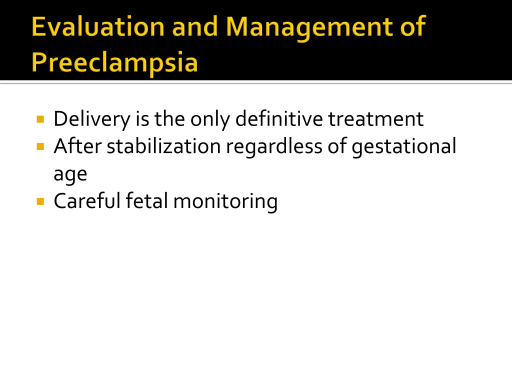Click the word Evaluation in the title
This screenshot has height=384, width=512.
(98, 26)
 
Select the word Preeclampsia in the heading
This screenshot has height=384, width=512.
(114, 63)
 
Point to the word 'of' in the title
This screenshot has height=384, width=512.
(412, 26)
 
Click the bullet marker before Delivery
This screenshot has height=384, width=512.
(40, 119)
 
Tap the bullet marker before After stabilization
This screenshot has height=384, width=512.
(40, 147)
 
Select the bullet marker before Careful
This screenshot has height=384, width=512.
(40, 201)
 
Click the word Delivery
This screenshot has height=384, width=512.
(91, 119)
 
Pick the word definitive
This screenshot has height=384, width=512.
(279, 119)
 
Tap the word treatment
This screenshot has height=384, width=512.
(375, 119)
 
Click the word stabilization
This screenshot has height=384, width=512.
(163, 146)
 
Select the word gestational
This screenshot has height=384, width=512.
(404, 147)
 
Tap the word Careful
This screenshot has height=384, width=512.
(87, 201)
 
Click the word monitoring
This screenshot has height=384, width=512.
(225, 201)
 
